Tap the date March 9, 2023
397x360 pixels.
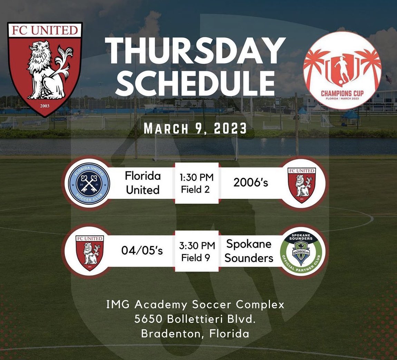tap(195, 129)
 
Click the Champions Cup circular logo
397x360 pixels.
tap(342, 71)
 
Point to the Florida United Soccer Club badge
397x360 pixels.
tap(89, 183)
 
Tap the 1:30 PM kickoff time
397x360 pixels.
tap(196, 178)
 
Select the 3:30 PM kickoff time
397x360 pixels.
tap(196, 246)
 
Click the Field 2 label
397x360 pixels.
tap(196, 189)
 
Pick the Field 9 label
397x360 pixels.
tap(196, 257)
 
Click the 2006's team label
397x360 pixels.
tap(251, 183)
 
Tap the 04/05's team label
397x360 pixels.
tap(142, 251)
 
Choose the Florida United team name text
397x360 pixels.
tap(143, 183)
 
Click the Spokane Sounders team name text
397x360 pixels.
tap(249, 251)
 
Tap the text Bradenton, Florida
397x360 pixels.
tap(195, 334)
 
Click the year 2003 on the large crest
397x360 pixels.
tap(45, 105)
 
